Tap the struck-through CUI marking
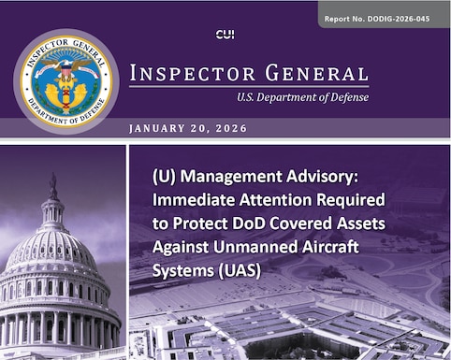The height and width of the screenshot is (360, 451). (225, 35)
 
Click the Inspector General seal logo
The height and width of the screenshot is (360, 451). (65, 82)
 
